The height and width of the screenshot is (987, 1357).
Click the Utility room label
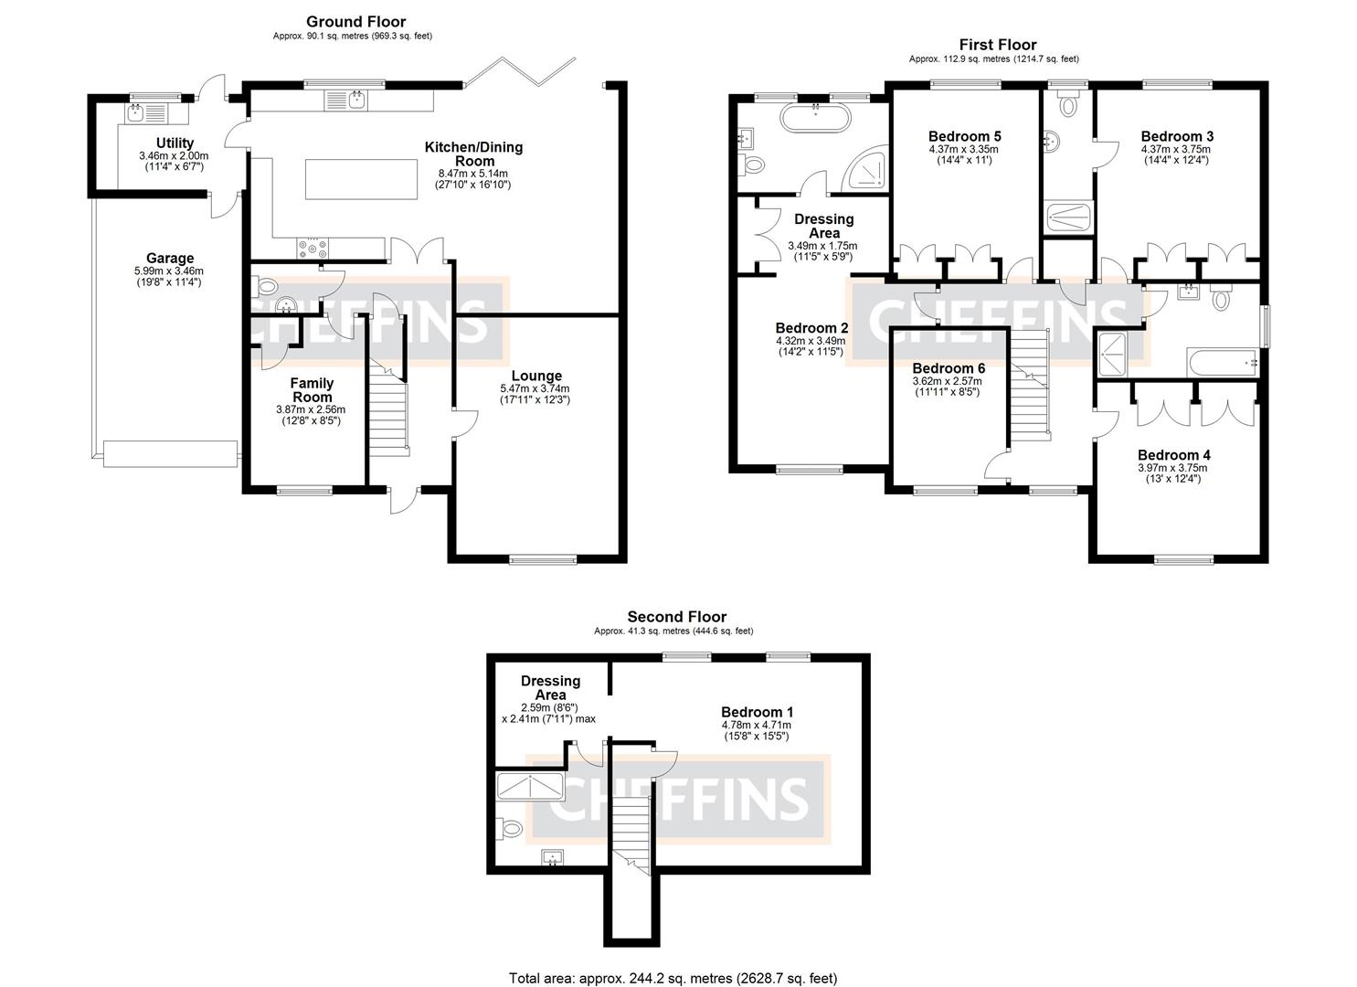175,143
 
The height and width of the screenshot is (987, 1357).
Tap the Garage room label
170,259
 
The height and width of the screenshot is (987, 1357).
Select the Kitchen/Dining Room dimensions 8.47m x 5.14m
473,173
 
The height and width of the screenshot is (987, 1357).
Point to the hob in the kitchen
314,247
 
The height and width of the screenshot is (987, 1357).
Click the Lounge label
536,376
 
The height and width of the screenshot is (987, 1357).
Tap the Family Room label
312,390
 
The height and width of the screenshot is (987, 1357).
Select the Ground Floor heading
355,22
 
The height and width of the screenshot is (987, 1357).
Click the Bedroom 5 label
964,137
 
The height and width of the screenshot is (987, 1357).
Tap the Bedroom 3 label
1177,137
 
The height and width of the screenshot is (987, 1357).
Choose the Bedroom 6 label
949,368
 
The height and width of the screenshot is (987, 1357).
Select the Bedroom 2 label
811,328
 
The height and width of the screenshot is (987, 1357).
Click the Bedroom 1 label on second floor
757,712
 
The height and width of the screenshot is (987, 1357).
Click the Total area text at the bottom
673,978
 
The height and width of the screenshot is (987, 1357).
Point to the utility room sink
135,113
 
